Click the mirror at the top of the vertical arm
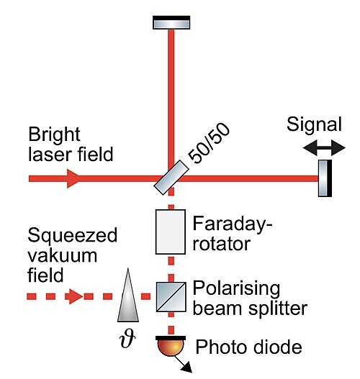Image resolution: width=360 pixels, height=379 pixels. [x=171, y=22]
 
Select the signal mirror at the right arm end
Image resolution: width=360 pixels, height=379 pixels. [x=325, y=178]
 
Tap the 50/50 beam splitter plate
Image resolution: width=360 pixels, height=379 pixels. [x=171, y=178]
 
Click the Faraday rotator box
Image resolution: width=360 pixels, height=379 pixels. [x=171, y=232]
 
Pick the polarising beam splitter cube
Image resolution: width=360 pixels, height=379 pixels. [x=171, y=297]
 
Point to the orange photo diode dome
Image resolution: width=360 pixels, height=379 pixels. [x=171, y=346]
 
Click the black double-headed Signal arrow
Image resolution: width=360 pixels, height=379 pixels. [x=324, y=147]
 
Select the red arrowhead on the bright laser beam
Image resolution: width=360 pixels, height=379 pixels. [x=73, y=178]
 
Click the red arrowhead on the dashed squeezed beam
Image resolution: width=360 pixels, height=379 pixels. [x=74, y=296]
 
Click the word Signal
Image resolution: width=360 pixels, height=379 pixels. [x=314, y=124]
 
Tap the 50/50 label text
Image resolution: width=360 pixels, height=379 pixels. [x=208, y=143]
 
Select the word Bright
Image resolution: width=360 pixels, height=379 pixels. [x=54, y=134]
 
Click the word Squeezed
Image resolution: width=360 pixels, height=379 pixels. [x=72, y=235]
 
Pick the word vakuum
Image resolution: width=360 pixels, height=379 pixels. [x=62, y=255]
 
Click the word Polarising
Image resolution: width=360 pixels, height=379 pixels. [x=236, y=289]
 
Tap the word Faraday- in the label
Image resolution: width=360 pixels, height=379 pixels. [x=233, y=224]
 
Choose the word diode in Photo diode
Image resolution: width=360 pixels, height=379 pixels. [x=278, y=347]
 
